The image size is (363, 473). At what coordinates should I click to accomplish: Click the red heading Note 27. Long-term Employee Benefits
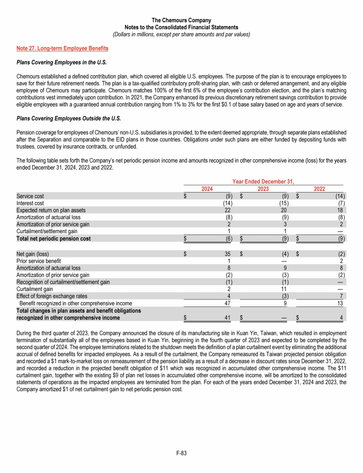pos(62,48)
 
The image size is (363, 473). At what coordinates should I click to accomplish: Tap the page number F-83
pos(181,453)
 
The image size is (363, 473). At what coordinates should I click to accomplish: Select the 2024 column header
pos(207,189)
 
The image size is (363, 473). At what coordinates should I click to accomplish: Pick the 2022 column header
pos(319,189)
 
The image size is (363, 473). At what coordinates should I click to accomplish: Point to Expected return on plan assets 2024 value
pos(227,210)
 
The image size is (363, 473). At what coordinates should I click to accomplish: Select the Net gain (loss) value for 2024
pos(227,254)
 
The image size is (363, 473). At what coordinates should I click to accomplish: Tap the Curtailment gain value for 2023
pos(285,289)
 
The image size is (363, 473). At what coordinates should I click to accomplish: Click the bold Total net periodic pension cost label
pos(53,239)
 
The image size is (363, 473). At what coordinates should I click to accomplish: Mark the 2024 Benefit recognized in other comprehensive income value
pos(226,303)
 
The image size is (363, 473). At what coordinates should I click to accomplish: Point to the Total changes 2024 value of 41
pos(227,318)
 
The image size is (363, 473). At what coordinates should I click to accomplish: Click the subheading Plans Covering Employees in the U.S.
pos(61,62)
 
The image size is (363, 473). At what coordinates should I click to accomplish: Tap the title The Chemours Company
pos(181,20)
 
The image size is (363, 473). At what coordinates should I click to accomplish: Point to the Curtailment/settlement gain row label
pos(47,232)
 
